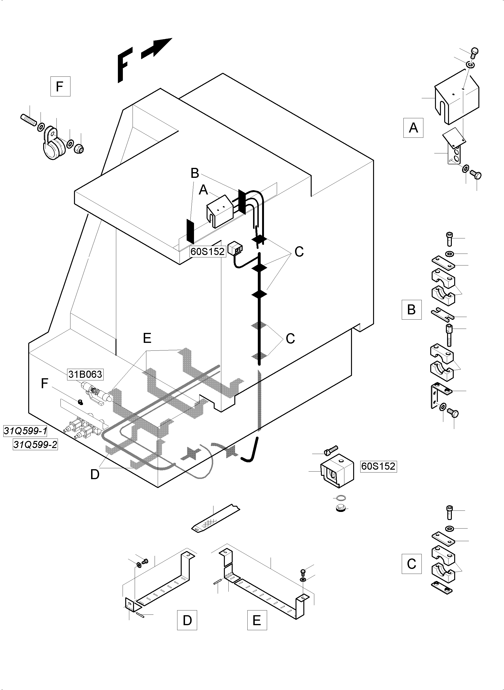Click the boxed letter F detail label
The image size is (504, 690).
tap(60, 86)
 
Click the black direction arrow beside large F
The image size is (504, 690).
tap(157, 49)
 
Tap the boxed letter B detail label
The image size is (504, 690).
tap(411, 310)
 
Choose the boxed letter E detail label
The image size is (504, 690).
tap(257, 620)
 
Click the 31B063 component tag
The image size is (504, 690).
tap(85, 374)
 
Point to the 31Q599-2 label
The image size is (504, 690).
tap(35, 445)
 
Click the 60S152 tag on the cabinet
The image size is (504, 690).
tap(208, 251)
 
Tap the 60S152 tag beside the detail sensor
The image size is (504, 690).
tap(378, 466)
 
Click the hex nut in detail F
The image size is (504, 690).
tap(79, 148)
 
